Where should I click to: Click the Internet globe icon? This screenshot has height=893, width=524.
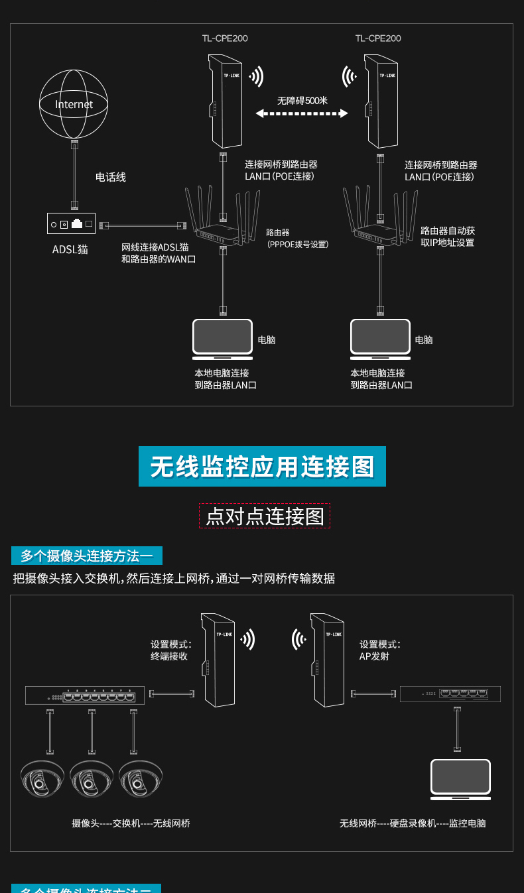click(74, 103)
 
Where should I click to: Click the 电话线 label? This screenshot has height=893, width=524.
click(111, 178)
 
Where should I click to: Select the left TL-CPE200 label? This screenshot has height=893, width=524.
click(225, 38)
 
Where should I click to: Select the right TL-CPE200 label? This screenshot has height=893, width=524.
click(378, 38)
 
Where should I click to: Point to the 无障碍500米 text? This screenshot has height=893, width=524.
click(302, 101)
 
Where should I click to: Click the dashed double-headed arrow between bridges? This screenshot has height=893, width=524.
click(302, 114)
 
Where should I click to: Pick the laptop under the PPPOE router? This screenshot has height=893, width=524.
click(223, 338)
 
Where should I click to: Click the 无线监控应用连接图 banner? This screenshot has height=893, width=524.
click(262, 467)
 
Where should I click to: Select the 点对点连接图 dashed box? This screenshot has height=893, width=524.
click(265, 516)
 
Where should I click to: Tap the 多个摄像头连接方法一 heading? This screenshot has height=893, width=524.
click(87, 556)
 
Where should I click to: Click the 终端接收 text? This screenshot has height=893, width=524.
click(169, 656)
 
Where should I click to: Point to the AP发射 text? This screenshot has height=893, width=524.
click(374, 656)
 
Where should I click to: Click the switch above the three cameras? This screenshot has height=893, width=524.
click(85, 695)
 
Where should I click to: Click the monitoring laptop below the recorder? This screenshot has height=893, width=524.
click(460, 777)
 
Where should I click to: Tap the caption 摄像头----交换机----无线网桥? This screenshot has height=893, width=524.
click(131, 823)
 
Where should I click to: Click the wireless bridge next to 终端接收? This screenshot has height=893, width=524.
click(219, 660)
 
